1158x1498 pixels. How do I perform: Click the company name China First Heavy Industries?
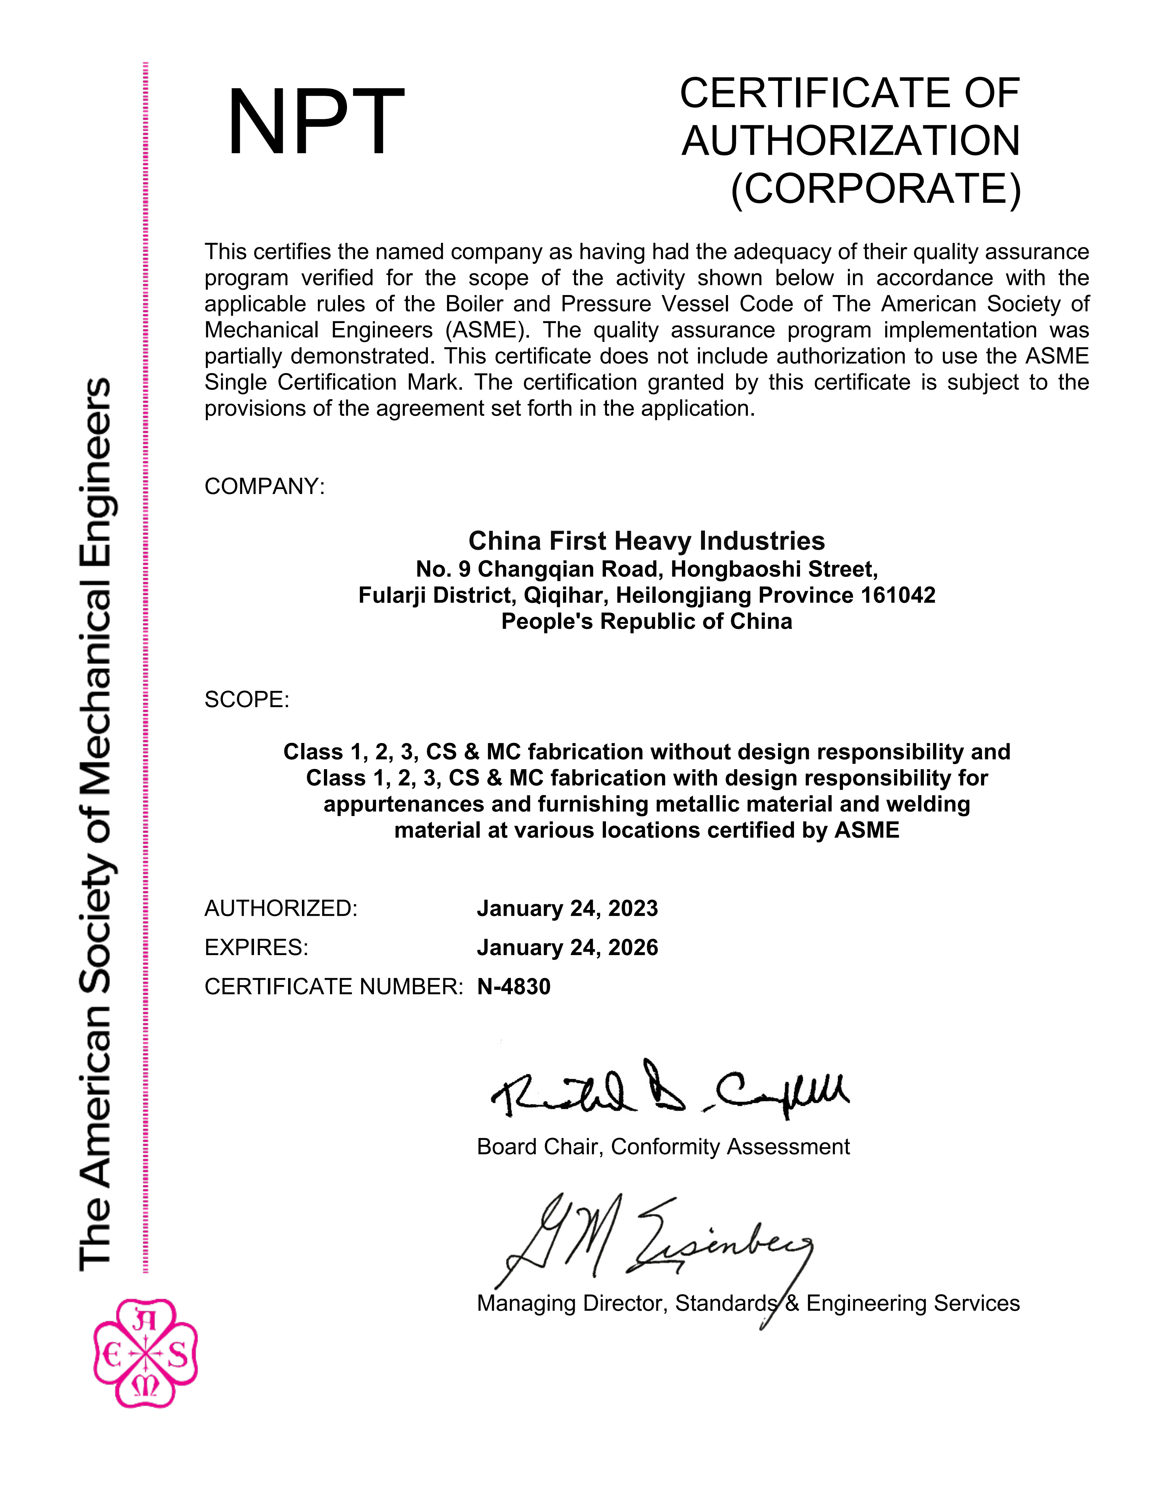pyautogui.click(x=646, y=541)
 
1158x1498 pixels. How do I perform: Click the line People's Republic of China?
pyautogui.click(x=646, y=621)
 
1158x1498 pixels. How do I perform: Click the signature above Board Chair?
pyautogui.click(x=669, y=1091)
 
